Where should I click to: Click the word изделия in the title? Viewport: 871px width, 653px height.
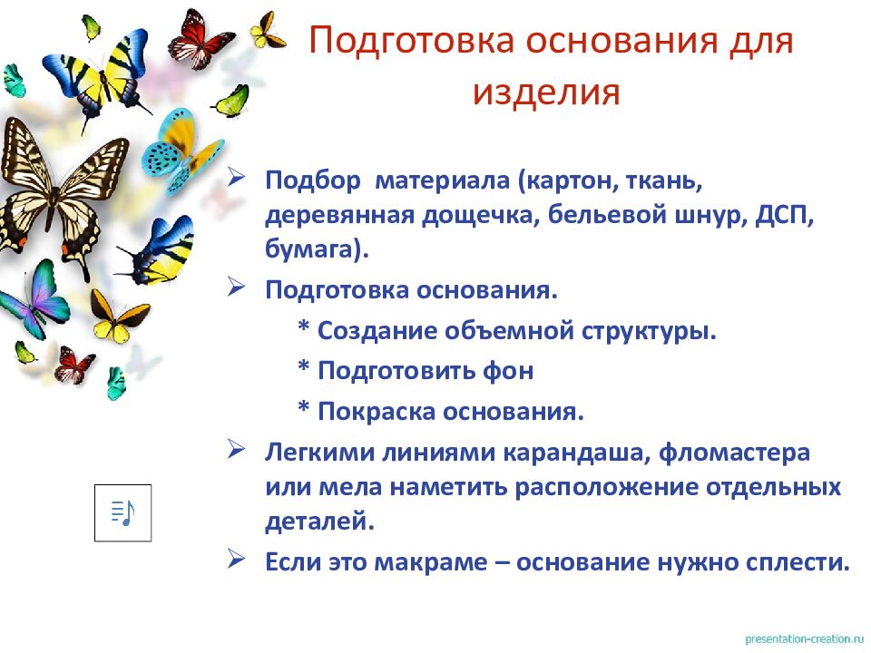pyautogui.click(x=546, y=93)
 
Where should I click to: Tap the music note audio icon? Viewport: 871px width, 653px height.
pyautogui.click(x=122, y=512)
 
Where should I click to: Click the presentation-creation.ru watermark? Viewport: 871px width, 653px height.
pyautogui.click(x=803, y=638)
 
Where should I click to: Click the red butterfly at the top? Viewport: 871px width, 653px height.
pyautogui.click(x=201, y=38)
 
